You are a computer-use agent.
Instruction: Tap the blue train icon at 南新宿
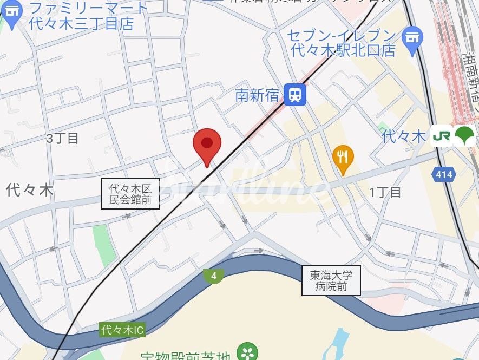coord(295,95)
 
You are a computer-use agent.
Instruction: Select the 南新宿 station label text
coord(257,96)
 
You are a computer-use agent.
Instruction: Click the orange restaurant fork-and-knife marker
coord(343,158)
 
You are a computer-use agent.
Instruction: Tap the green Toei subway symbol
coord(464,136)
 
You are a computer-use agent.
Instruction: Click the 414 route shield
coord(444,175)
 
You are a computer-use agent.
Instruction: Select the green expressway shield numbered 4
coord(214,276)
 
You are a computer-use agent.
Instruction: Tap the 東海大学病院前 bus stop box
coord(331,281)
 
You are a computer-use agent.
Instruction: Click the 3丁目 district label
coord(62,139)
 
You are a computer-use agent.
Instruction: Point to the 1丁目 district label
coord(385,192)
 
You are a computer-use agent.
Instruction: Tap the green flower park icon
coord(248,352)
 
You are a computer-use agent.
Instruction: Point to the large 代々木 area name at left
coord(30,189)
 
